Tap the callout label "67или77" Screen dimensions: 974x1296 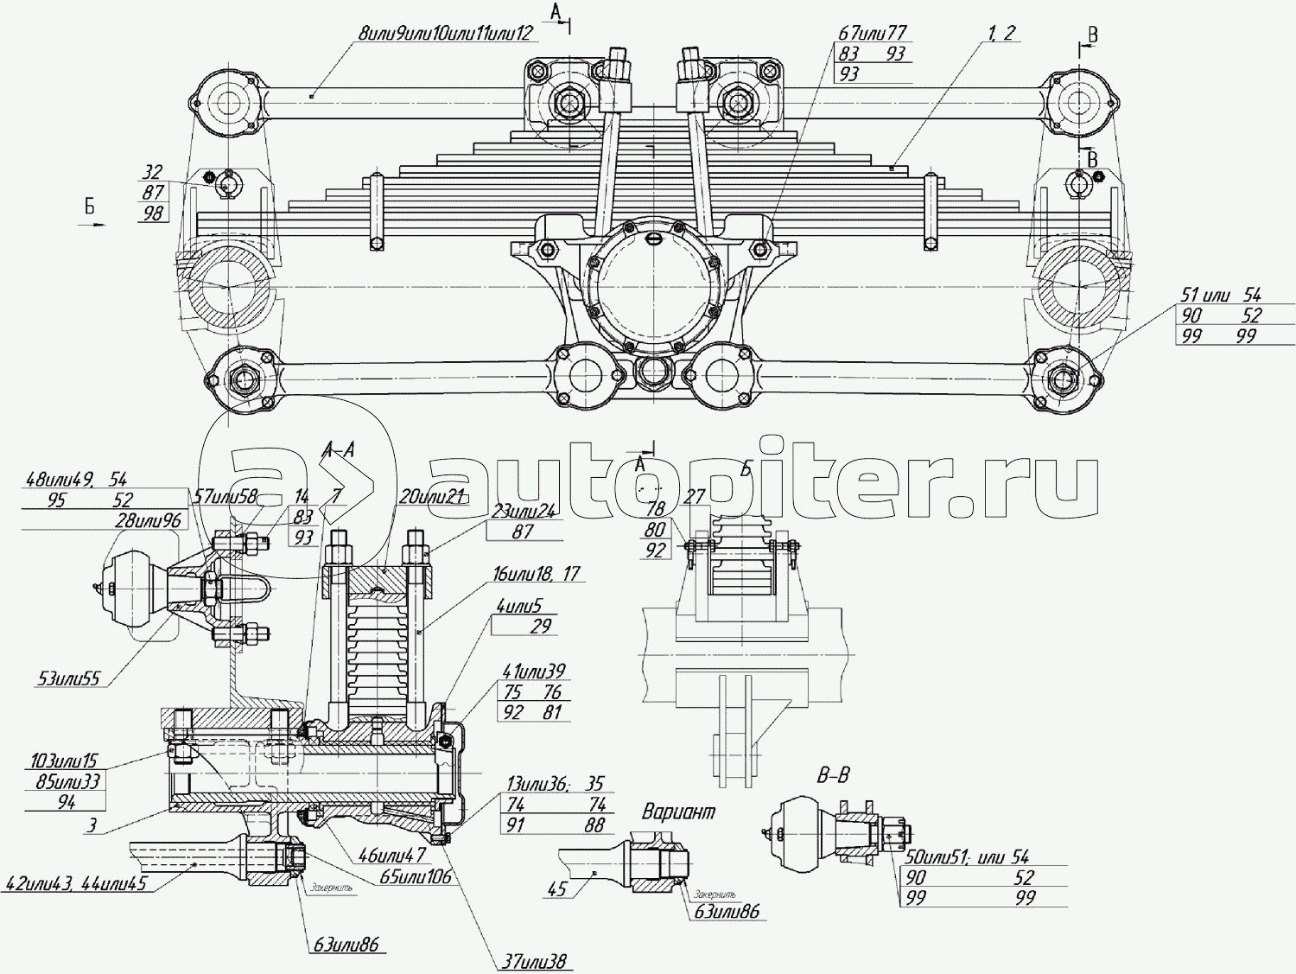coord(872,33)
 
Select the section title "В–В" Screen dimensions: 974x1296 coord(833,774)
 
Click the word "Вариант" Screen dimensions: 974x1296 coord(678,812)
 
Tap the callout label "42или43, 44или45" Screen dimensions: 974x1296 coord(76,884)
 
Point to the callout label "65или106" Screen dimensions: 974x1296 coord(416,875)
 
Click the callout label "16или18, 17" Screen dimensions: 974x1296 coord(536,574)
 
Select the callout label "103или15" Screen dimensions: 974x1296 coord(64,761)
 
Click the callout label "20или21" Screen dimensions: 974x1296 coord(432,496)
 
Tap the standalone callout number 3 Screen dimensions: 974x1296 coord(92,824)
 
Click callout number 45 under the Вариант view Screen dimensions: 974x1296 coord(557,888)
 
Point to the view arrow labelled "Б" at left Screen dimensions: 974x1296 coord(90,213)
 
